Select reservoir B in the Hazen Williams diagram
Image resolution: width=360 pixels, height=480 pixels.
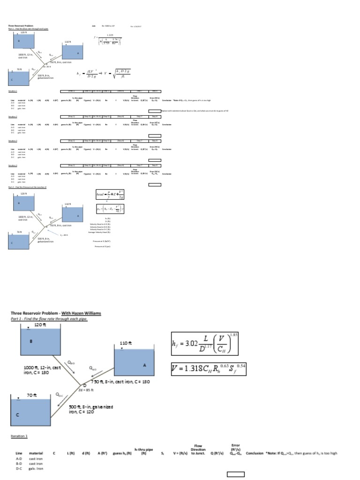point(41,341)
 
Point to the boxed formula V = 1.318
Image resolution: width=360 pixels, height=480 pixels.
point(208,370)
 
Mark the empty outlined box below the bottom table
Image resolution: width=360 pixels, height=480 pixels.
point(236,474)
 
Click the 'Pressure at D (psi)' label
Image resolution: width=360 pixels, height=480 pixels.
point(102,246)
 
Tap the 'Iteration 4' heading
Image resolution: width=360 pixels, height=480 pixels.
point(13,165)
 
